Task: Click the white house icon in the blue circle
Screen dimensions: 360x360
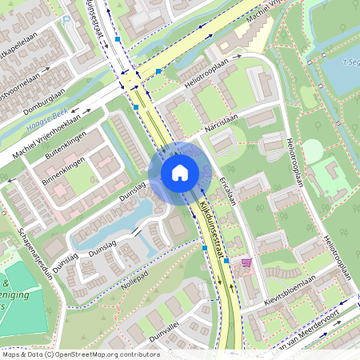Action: pyautogui.click(x=179, y=172)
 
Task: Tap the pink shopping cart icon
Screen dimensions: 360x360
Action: pyautogui.click(x=246, y=262)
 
